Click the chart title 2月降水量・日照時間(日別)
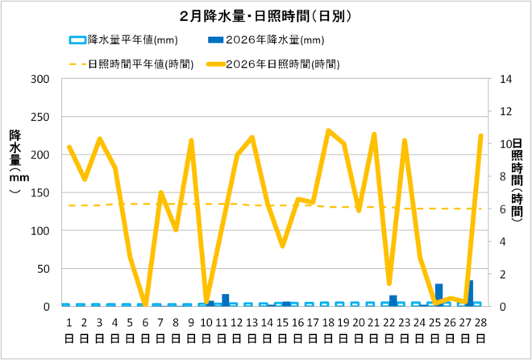point(266,15)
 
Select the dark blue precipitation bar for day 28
point(470,294)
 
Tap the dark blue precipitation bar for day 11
point(226,300)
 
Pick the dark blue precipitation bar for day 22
point(393,300)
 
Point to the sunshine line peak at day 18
point(328,130)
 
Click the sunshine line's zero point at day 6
point(145,306)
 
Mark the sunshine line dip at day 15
point(283,246)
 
